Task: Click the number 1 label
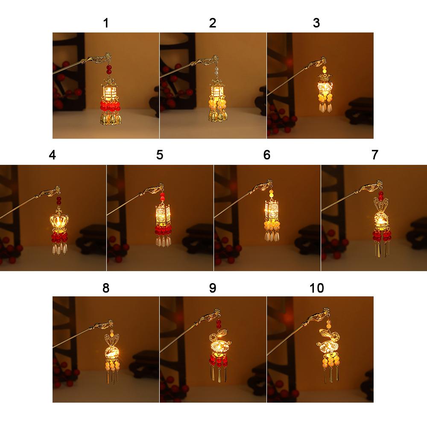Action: tap(106, 23)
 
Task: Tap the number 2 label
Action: tap(213, 23)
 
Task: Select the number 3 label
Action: tap(316, 23)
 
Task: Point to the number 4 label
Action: tap(52, 155)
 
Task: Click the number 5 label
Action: tap(160, 155)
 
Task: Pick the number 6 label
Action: tap(267, 155)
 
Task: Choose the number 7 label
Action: tap(374, 155)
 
